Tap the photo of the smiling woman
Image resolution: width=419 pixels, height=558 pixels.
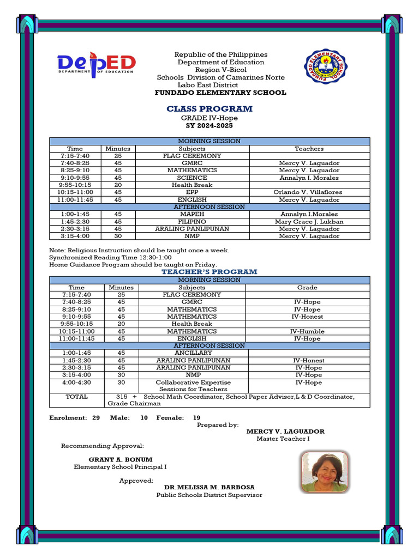325,471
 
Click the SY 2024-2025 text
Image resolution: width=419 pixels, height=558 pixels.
209,126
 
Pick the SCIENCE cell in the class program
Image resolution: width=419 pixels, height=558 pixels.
192,178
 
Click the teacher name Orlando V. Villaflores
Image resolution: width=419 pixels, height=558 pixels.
309,192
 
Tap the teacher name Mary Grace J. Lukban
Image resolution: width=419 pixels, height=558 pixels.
309,222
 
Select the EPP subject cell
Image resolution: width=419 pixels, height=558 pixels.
192,192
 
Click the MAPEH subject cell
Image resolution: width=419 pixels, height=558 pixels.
192,214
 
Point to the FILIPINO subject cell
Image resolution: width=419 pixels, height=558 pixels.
192,222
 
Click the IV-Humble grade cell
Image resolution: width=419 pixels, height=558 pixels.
307,331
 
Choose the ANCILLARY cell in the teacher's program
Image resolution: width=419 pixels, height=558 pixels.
193,353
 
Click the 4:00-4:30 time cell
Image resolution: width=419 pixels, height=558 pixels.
76,383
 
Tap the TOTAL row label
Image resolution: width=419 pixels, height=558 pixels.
76,397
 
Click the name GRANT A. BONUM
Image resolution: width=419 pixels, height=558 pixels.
121,459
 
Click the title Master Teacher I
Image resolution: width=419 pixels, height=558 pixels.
283,439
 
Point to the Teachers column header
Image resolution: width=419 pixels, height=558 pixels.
309,149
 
